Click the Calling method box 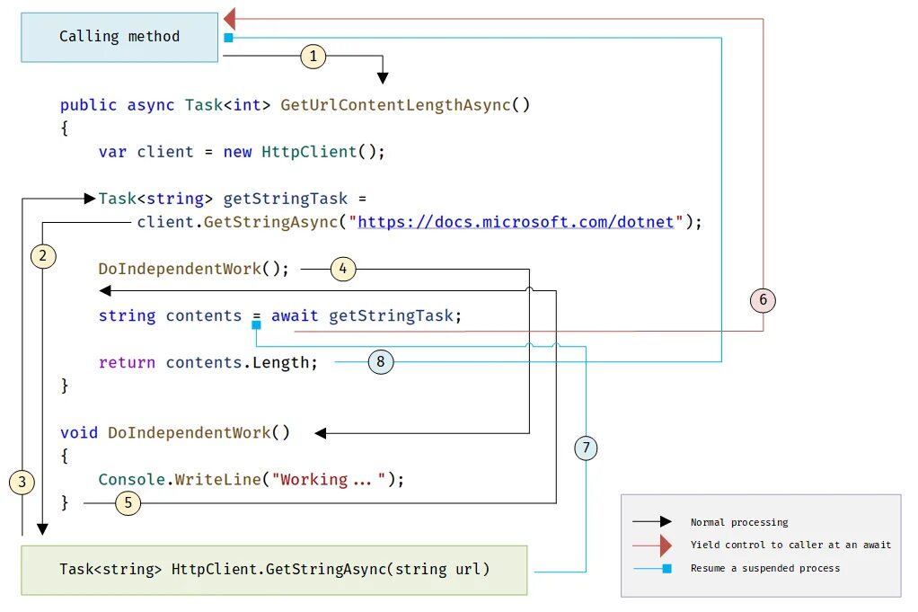119,37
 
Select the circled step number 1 313,57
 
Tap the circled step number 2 43,256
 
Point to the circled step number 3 22,483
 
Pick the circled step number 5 128,503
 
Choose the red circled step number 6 763,300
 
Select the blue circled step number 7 585,447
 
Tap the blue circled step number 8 381,361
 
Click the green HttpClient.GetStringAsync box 274,570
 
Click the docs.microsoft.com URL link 516,221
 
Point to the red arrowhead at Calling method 230,18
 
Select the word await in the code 295,315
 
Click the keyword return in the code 127,362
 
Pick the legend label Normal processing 738,522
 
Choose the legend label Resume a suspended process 764,568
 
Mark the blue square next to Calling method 228,38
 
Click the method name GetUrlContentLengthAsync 395,105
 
